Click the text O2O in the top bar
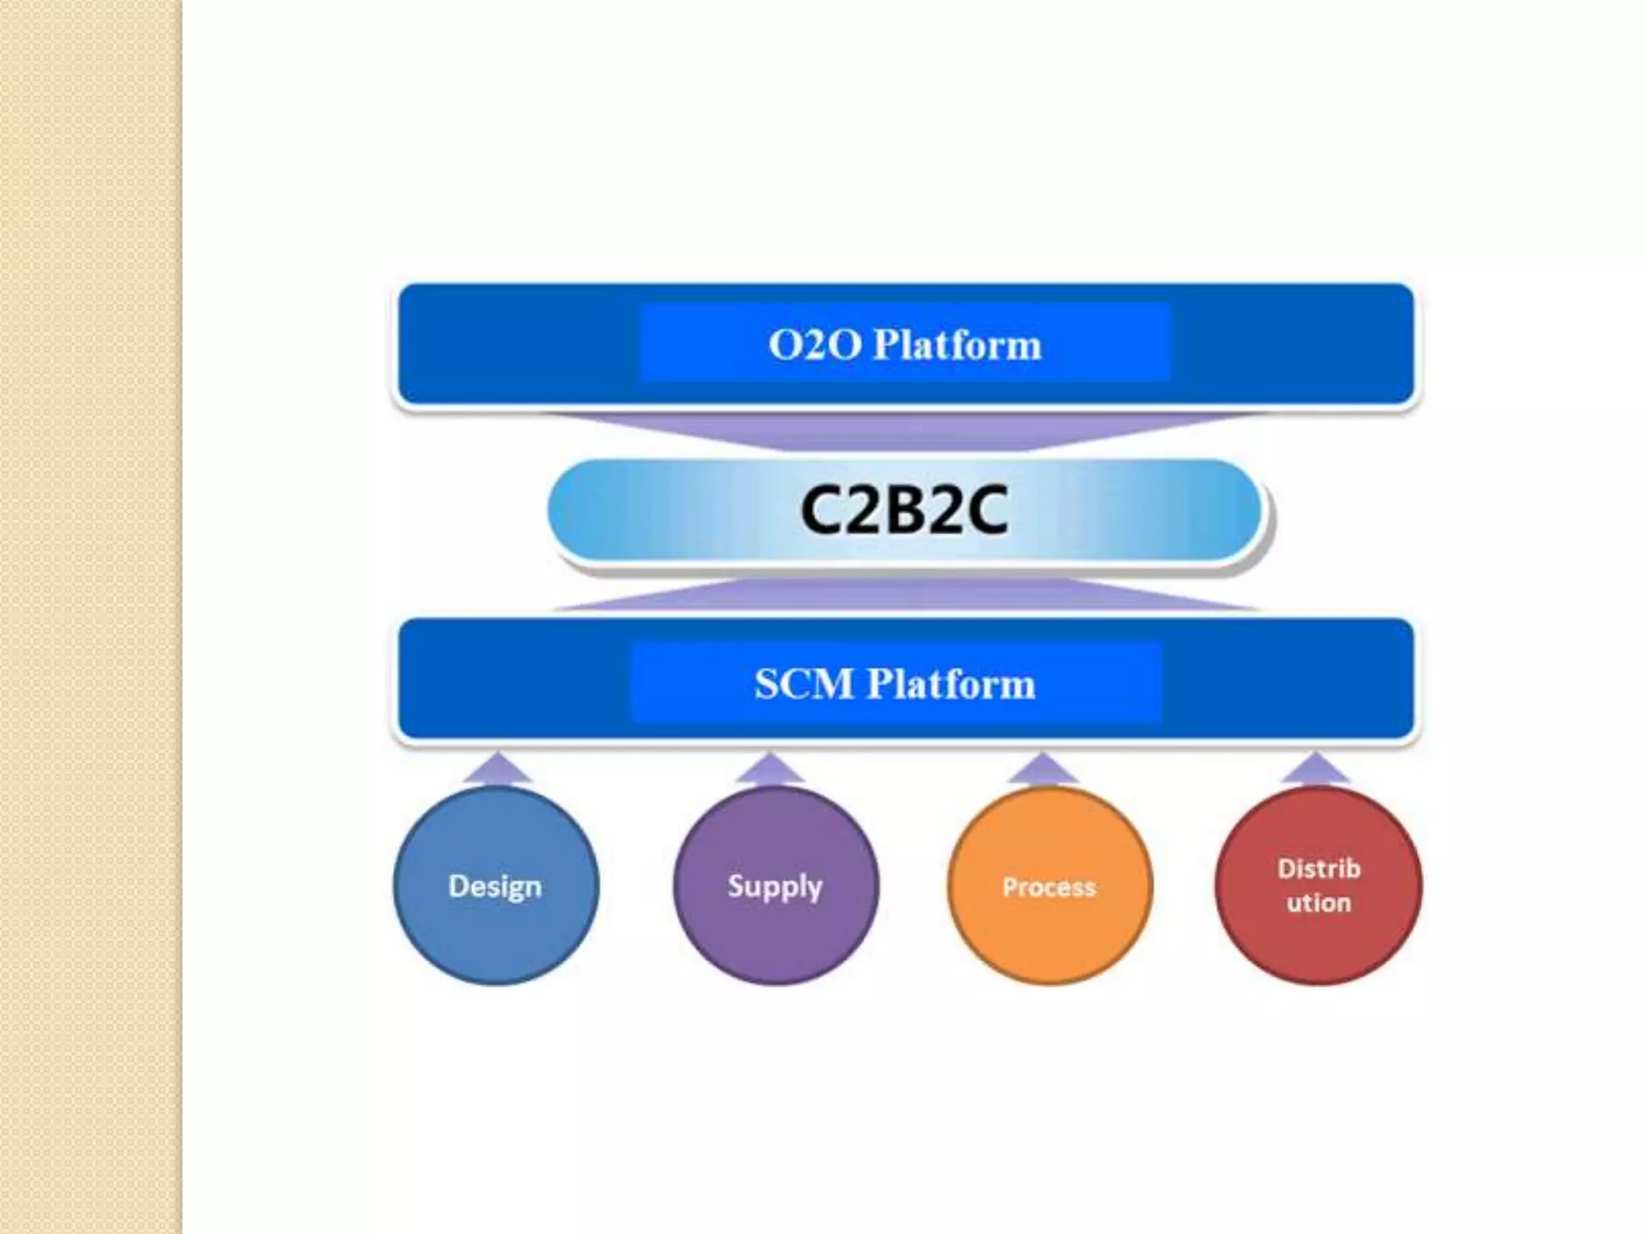(814, 345)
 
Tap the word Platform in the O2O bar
(957, 345)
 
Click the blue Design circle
(496, 932)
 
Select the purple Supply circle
(776, 932)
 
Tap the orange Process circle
(1050, 932)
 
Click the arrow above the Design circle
(497, 769)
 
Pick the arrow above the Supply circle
(769, 769)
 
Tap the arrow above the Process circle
(1042, 769)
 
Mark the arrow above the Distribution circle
(1315, 769)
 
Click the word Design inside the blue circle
(495, 886)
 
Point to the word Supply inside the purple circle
(775, 886)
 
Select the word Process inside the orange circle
(1049, 887)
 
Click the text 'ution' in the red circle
(1319, 903)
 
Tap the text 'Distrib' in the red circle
(1319, 868)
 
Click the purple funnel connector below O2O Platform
(905, 430)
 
